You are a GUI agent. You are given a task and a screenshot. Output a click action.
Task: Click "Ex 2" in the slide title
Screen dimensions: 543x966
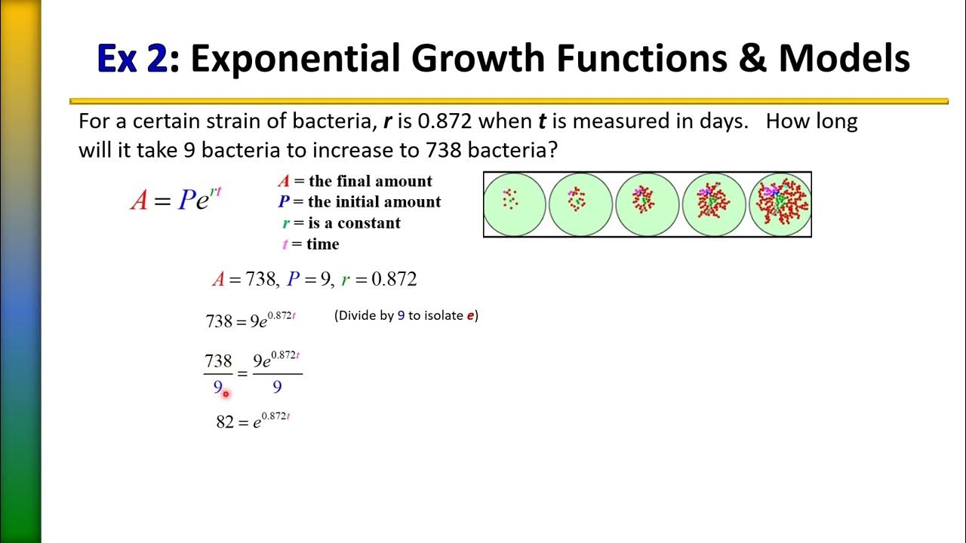point(132,57)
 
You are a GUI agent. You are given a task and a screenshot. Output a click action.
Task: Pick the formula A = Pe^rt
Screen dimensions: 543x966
point(177,199)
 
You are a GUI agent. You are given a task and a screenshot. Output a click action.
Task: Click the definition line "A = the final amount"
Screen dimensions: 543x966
point(355,181)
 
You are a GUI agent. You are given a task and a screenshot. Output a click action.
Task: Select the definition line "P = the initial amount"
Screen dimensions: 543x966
point(359,202)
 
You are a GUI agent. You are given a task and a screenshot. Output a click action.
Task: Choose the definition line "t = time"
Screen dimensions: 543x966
point(310,244)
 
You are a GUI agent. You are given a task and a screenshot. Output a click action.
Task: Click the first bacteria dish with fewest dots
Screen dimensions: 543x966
point(514,204)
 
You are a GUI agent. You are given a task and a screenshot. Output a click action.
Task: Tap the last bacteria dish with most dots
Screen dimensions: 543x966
point(780,204)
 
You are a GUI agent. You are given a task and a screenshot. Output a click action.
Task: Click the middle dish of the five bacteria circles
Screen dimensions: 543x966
point(647,204)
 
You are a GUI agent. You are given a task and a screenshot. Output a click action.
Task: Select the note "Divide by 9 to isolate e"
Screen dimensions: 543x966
point(406,316)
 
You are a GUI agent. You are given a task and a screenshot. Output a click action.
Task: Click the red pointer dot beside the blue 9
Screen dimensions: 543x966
point(226,394)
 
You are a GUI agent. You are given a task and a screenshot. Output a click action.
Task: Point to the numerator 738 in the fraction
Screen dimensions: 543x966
point(218,361)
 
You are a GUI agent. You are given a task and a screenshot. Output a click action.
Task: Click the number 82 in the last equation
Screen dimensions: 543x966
point(225,422)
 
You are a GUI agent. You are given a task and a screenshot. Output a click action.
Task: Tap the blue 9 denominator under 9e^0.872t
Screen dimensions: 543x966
point(277,387)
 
